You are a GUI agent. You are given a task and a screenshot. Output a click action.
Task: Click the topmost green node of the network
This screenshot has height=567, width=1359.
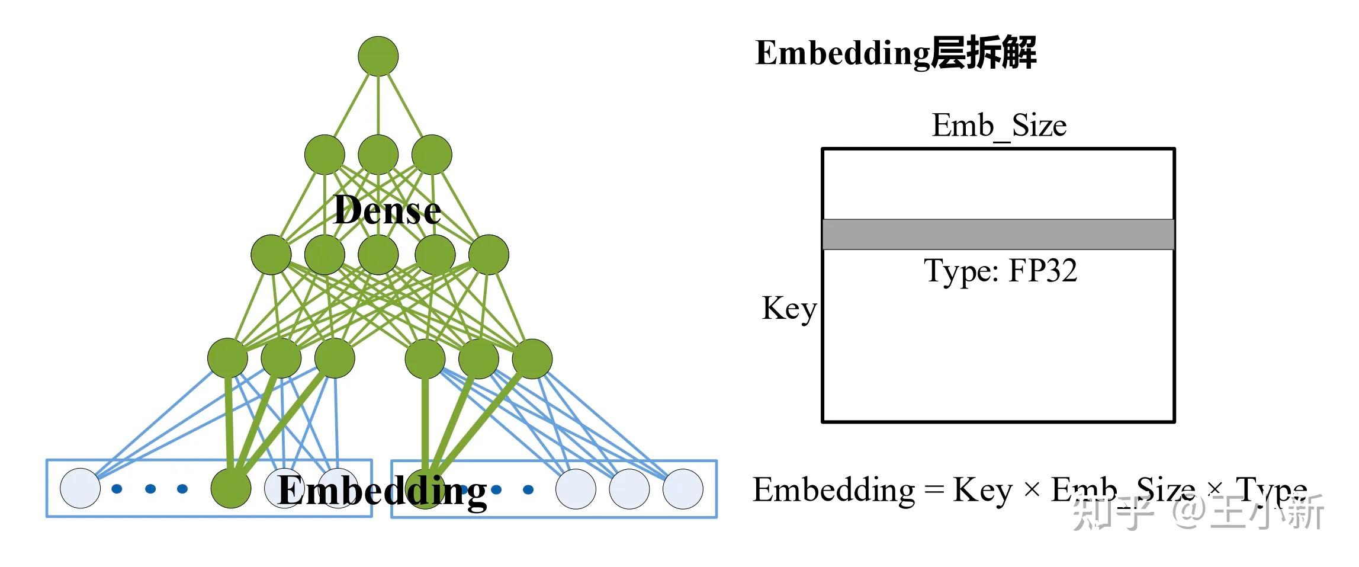click(x=378, y=56)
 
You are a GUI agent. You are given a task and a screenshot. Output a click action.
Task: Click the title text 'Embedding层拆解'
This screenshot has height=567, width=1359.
click(x=895, y=52)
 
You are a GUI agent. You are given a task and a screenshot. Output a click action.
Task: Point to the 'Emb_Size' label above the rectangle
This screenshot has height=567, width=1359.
click(x=999, y=126)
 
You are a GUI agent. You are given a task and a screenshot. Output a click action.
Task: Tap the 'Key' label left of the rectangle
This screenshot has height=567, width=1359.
click(x=789, y=309)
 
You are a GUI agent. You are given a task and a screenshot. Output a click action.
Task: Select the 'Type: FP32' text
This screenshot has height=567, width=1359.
click(x=1000, y=271)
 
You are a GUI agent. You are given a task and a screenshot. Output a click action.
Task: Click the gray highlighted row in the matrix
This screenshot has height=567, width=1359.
click(x=998, y=234)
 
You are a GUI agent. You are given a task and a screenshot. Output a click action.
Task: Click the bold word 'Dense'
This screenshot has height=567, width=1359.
click(x=387, y=210)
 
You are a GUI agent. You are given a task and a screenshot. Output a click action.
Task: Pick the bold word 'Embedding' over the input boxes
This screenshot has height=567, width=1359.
click(x=383, y=491)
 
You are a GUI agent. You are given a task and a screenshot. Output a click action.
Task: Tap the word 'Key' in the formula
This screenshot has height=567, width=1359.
click(x=982, y=491)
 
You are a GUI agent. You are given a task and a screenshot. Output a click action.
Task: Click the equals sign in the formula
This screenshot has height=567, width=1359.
click(x=934, y=490)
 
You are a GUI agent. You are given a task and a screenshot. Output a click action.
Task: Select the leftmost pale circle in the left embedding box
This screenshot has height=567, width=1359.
click(x=81, y=488)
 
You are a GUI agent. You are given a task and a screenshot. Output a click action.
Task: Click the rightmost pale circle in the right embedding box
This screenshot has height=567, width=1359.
click(x=683, y=489)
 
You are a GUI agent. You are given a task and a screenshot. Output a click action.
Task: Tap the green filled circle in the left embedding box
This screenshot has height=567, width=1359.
click(x=231, y=488)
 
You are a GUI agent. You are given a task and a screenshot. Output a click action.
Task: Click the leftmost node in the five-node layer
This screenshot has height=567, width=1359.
click(x=271, y=255)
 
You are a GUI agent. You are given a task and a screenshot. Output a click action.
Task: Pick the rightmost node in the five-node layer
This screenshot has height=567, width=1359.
click(x=489, y=255)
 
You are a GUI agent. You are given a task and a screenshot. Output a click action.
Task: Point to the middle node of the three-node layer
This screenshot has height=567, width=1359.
click(x=378, y=155)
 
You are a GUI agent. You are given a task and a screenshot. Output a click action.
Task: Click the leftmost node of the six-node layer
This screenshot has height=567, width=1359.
click(x=228, y=358)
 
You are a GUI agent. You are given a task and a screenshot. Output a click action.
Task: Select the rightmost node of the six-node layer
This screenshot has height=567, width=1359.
click(x=532, y=358)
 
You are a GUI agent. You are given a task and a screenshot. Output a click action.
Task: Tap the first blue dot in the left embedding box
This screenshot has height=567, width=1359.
click(x=117, y=489)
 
